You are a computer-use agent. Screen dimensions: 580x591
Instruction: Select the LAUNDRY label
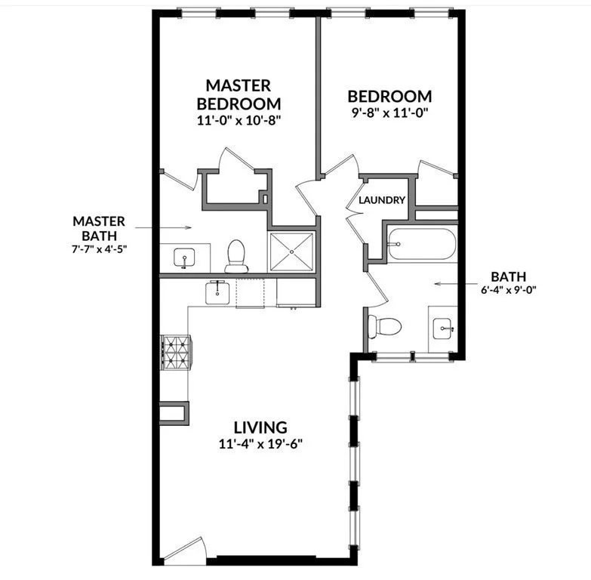pos(382,200)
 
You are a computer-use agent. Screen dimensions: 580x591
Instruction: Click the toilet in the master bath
pos(237,255)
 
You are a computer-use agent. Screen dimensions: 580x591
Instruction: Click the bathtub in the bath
pos(422,244)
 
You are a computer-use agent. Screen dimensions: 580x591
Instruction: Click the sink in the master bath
pos(184,258)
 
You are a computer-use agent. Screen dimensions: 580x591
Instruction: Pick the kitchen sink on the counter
pos(218,292)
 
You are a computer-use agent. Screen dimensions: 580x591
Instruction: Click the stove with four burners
pos(176,351)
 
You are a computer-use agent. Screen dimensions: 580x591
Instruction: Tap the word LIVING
pos(260,427)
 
